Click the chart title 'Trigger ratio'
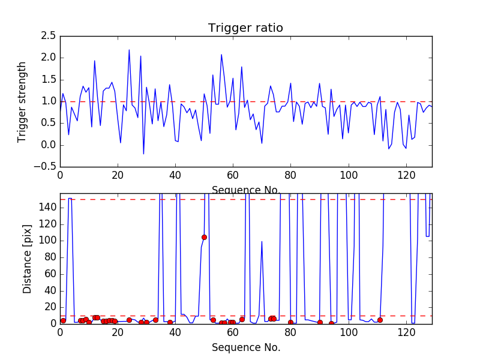(x=245, y=28)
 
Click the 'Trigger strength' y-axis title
(x=22, y=101)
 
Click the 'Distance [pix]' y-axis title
(x=27, y=259)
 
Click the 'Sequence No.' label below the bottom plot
(x=246, y=347)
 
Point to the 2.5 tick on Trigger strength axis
(x=48, y=36)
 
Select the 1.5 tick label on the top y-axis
(x=48, y=80)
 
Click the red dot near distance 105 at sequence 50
(x=204, y=237)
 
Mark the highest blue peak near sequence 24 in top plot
(x=129, y=50)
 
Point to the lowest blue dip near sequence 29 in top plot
(x=143, y=154)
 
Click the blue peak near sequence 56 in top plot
(x=221, y=55)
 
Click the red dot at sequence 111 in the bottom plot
(x=380, y=320)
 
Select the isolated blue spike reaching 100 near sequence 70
(x=262, y=241)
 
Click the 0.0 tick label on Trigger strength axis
(x=48, y=145)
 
